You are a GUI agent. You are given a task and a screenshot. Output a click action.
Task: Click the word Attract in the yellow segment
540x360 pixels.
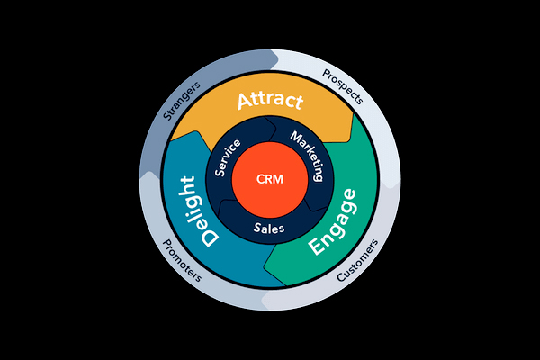tap(270, 101)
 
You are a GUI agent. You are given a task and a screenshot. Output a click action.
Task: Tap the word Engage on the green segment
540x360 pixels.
tap(332, 223)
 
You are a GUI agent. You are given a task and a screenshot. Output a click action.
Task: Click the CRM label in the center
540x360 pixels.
tap(270, 178)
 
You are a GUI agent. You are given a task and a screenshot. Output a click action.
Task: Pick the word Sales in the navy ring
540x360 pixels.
tap(269, 229)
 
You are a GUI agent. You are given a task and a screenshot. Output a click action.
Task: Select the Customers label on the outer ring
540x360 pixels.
tap(357, 261)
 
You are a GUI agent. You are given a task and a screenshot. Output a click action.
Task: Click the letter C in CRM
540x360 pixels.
tap(260, 178)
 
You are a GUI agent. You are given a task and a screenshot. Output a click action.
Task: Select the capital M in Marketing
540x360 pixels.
tap(294, 138)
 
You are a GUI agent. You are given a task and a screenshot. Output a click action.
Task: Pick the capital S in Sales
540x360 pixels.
tap(257, 229)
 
